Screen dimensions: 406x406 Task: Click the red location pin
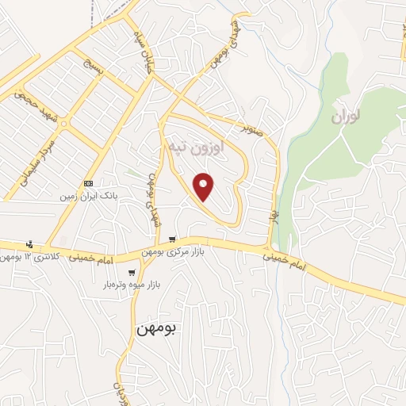pyautogui.click(x=205, y=186)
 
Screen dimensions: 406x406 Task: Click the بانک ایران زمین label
pyautogui.click(x=90, y=193)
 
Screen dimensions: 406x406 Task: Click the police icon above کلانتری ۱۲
pyautogui.click(x=29, y=244)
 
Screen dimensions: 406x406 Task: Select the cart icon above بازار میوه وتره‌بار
pyautogui.click(x=131, y=272)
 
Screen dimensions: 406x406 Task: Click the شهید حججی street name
pyautogui.click(x=31, y=108)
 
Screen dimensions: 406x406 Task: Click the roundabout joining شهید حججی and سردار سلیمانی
pyautogui.click(x=62, y=124)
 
